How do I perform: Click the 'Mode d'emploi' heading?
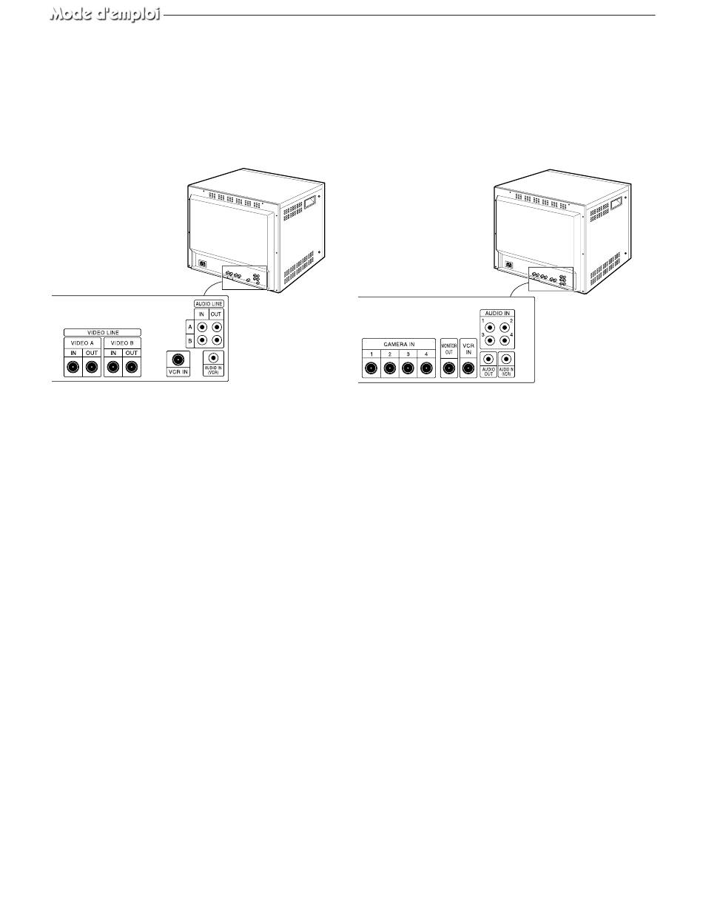click(x=105, y=15)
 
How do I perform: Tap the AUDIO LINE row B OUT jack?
click(x=217, y=340)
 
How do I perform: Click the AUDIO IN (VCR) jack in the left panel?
click(x=214, y=360)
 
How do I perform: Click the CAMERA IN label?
click(x=398, y=344)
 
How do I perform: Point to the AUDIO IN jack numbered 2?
click(x=505, y=327)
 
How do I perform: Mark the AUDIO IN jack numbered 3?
click(x=489, y=341)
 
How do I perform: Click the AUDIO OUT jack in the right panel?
click(x=488, y=360)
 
